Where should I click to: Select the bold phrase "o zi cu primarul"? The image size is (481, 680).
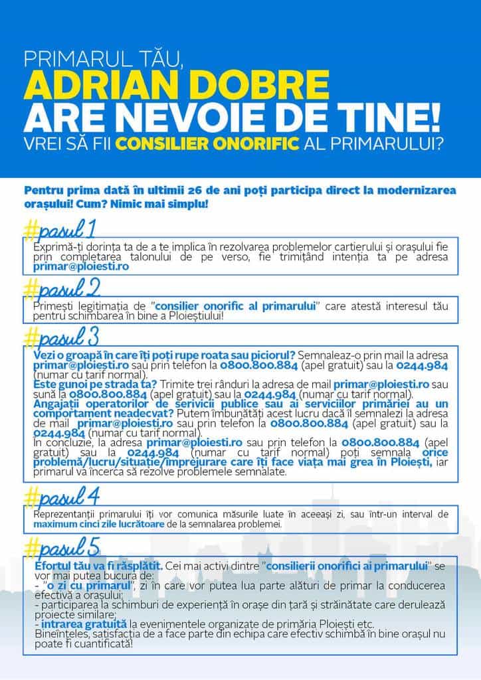(82, 588)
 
